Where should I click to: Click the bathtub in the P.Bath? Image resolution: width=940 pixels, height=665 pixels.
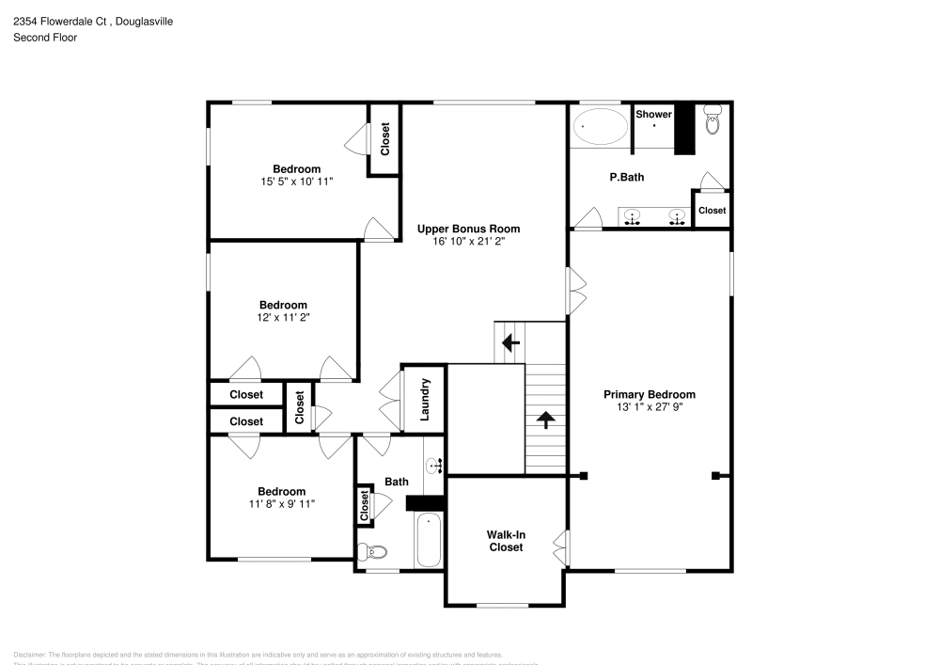600,126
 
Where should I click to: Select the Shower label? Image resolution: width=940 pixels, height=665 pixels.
653,115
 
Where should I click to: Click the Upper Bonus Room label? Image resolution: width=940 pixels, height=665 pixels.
468,229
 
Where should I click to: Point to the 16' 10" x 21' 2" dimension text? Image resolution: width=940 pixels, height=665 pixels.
468,242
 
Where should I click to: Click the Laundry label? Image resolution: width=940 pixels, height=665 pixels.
425,399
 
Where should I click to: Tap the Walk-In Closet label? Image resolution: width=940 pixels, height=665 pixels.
505,541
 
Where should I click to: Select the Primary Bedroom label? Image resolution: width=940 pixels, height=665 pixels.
650,394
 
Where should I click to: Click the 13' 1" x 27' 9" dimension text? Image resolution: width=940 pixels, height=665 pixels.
650,407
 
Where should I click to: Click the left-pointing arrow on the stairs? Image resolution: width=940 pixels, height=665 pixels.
510,342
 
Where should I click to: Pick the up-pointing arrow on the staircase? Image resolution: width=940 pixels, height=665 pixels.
544,419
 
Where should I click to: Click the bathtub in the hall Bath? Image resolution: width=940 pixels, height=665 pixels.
430,540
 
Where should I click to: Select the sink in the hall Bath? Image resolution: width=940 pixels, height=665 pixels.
435,464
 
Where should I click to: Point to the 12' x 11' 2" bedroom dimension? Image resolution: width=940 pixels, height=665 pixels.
284,318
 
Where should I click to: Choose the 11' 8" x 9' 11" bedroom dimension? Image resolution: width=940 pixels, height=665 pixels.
282,504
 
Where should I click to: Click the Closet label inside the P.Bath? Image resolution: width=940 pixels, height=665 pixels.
712,211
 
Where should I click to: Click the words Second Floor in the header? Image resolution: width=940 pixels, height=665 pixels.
45,38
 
